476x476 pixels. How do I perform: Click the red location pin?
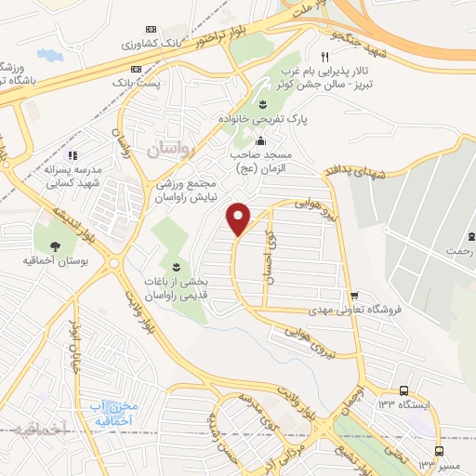(239, 218)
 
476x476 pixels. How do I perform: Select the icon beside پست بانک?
(136, 69)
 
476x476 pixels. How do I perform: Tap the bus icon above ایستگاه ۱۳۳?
(403, 390)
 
